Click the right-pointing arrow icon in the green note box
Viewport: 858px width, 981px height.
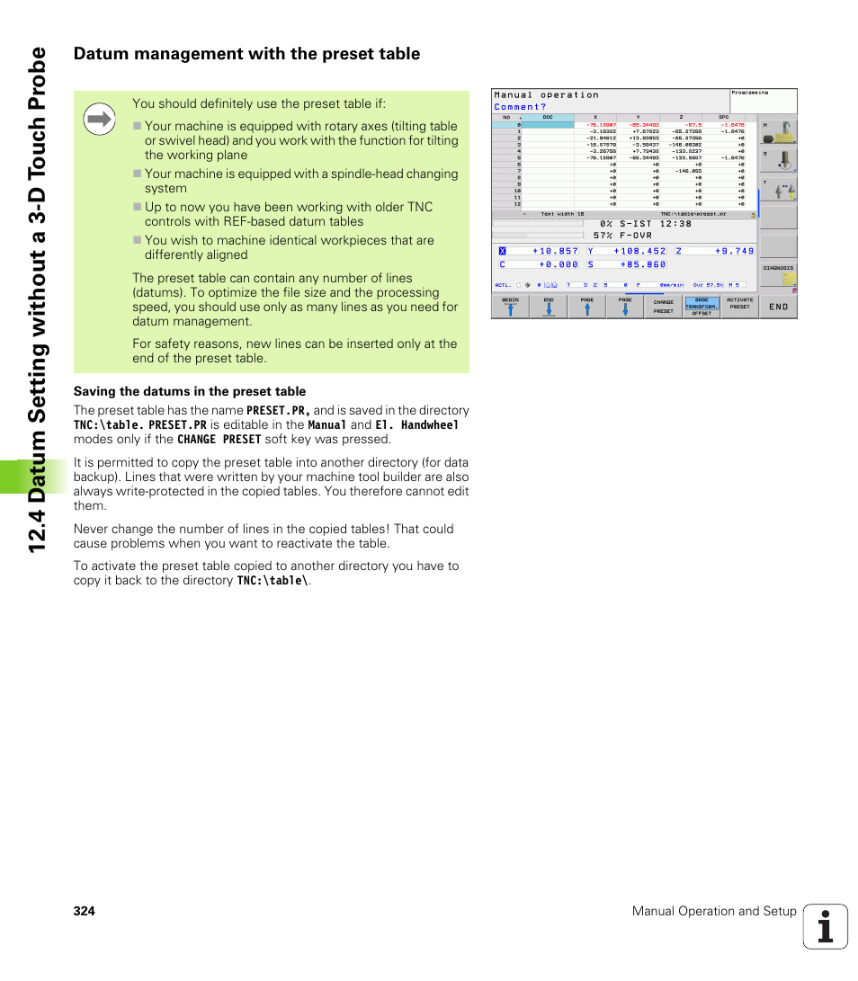coord(100,120)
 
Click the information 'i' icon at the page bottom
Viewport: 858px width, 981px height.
coord(826,926)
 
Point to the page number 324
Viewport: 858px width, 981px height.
coord(84,911)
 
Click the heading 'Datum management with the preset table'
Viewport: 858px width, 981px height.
coord(246,54)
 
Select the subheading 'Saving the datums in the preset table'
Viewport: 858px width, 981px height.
coord(189,391)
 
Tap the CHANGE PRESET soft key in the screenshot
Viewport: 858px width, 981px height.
coord(663,307)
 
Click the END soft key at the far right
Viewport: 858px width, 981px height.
coord(778,307)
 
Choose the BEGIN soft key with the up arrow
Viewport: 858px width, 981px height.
coord(510,307)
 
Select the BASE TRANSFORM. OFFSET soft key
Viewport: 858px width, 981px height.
coord(702,307)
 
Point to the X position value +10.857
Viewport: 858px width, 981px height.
coord(555,251)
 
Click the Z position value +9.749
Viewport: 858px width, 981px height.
coord(734,251)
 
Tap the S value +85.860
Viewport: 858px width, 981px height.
coord(642,264)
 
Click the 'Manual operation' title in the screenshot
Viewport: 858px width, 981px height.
coord(546,94)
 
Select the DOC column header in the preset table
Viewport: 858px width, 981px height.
coord(548,117)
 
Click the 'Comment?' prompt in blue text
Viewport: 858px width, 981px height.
coord(520,106)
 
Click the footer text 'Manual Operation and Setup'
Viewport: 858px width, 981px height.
coord(714,911)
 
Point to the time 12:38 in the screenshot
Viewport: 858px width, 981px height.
coord(675,224)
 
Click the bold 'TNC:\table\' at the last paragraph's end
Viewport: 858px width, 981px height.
coord(272,581)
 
